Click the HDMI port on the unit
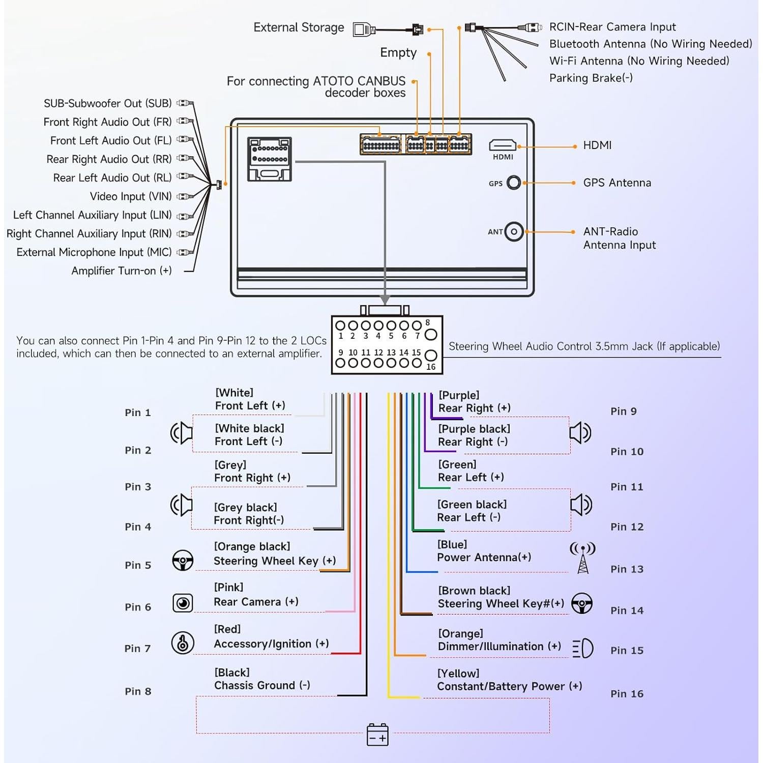coord(503,145)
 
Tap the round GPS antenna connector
coord(514,183)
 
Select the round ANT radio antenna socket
coord(514,232)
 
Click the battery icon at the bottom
coord(377,735)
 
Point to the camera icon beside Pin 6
coord(183,603)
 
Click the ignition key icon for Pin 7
coord(183,643)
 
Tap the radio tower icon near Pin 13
coord(583,557)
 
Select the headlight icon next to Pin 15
coord(583,649)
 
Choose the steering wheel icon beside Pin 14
coord(582,603)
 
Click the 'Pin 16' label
coord(627,694)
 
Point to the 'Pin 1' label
coord(138,413)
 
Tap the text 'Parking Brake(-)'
coord(591,78)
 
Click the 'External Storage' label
coord(299,27)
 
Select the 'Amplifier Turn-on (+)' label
coord(121,271)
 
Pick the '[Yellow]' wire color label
coord(458,673)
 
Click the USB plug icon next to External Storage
coord(363,30)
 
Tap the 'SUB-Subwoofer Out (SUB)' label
coord(107,103)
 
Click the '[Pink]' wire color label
coord(228,588)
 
